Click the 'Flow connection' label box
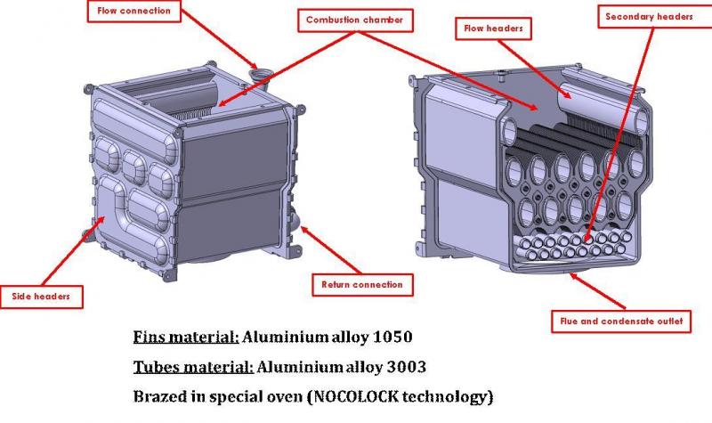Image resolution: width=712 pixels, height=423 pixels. pyautogui.click(x=134, y=11)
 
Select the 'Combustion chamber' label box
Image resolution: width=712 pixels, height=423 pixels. pyautogui.click(x=355, y=20)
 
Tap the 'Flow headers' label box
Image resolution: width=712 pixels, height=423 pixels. pyautogui.click(x=493, y=28)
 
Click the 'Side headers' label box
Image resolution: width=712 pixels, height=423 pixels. pyautogui.click(x=41, y=297)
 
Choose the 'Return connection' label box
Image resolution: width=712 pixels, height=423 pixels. pyautogui.click(x=362, y=285)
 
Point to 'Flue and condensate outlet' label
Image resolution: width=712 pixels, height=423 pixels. pyautogui.click(x=621, y=321)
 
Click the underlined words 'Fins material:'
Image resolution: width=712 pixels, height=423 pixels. pyautogui.click(x=186, y=338)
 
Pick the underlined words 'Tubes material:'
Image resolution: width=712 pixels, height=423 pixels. pyautogui.click(x=193, y=367)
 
